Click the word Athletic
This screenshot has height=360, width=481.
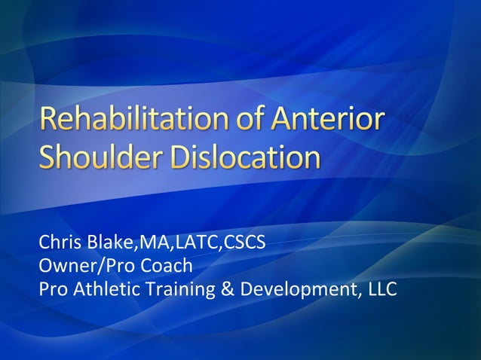[x=103, y=289]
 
